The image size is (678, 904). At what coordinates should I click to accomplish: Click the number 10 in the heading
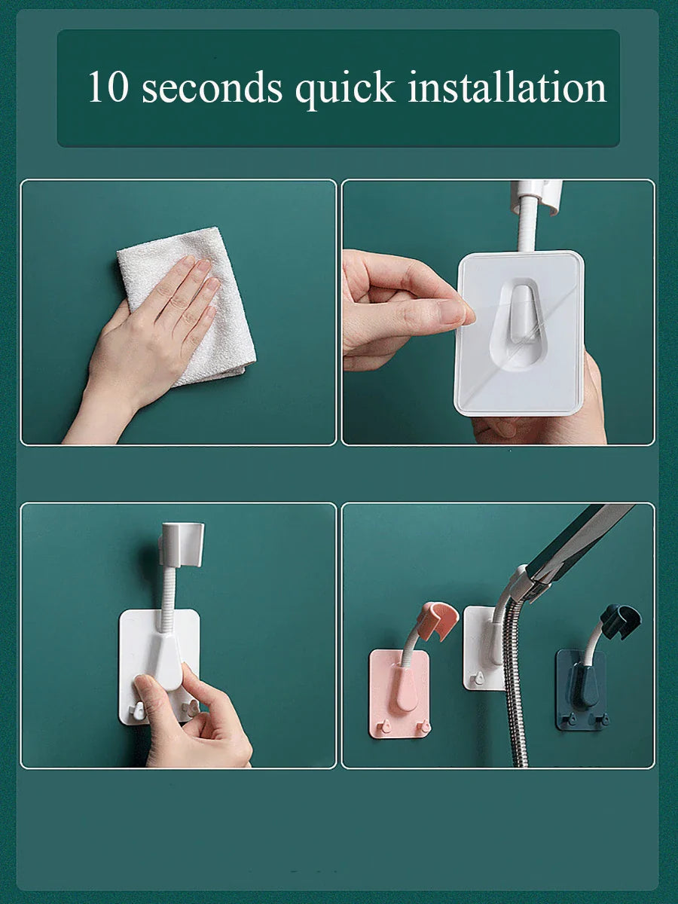coord(108,87)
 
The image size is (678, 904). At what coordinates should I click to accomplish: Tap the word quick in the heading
coord(344,89)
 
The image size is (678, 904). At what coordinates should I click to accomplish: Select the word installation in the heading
coord(507,87)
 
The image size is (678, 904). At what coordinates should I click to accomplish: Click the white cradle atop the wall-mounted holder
coord(182,543)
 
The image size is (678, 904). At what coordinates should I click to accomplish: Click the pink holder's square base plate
coord(399,693)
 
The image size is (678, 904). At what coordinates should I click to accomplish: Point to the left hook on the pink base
coord(384,725)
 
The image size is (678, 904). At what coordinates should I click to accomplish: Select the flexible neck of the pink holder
coord(412,648)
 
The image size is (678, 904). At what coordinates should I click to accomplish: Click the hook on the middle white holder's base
coord(476,678)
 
